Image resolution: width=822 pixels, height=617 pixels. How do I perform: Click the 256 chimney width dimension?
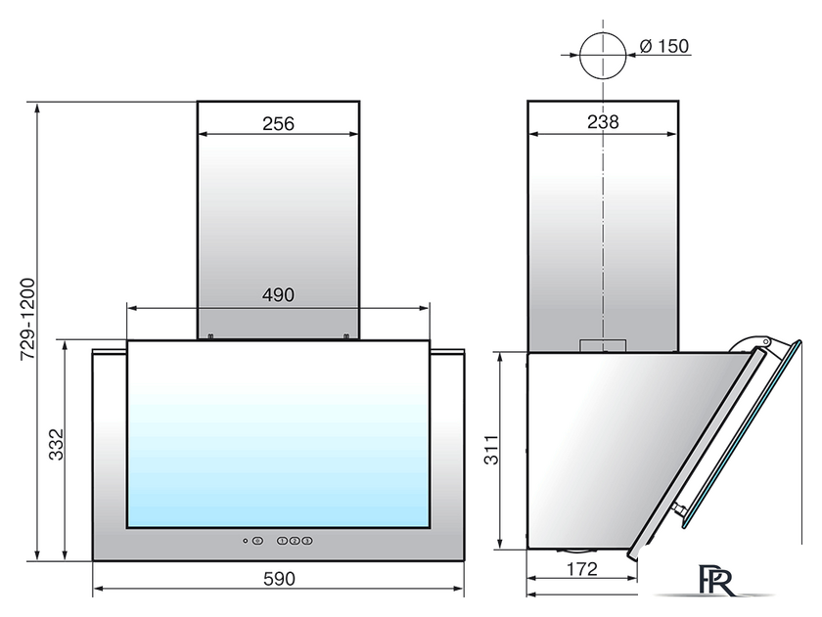coord(278,124)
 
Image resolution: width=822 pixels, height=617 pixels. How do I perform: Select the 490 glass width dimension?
coord(278,295)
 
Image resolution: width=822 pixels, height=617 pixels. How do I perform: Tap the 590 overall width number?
coord(279,579)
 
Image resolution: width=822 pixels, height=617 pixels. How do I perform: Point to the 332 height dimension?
coord(56,445)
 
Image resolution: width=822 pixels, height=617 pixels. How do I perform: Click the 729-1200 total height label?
coord(27,319)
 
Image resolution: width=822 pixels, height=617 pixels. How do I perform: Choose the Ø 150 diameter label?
coord(664,46)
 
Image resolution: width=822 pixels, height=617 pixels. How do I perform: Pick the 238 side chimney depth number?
coord(603,122)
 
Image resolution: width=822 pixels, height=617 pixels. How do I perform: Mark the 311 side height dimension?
coord(491,450)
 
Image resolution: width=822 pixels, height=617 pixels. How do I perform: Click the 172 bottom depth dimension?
coord(582,569)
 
